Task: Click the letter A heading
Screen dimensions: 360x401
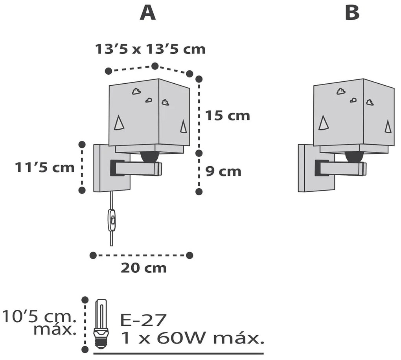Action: tap(148, 13)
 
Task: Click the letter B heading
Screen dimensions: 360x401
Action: tap(352, 13)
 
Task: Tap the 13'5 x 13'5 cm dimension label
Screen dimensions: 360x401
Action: tap(150, 50)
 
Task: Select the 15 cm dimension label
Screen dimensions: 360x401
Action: tap(227, 116)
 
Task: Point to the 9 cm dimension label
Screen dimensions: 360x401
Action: tap(223, 171)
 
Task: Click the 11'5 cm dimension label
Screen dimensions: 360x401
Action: tap(44, 167)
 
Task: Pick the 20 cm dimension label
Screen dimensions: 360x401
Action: tap(143, 268)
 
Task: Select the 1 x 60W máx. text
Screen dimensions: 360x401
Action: tap(191, 338)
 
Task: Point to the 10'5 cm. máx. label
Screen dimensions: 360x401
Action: tap(39, 322)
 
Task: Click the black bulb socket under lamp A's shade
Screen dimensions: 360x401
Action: tap(150, 156)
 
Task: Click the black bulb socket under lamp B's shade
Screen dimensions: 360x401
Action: tap(354, 156)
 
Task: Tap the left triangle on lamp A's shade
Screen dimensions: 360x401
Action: tap(119, 123)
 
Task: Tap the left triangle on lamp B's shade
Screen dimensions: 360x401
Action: tap(324, 123)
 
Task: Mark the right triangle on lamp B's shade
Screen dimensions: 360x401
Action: tap(388, 126)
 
